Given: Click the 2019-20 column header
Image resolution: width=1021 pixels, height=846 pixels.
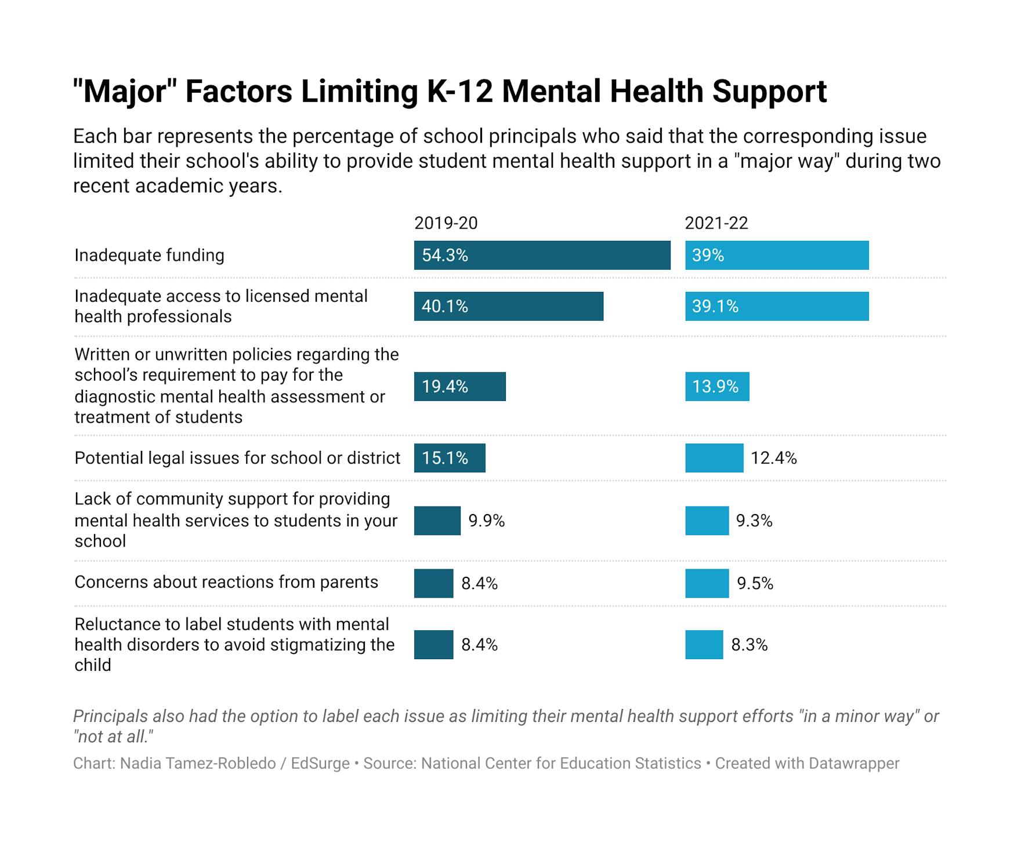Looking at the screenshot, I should coord(446,223).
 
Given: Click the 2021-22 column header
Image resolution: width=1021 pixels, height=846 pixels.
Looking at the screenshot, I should coord(716,223).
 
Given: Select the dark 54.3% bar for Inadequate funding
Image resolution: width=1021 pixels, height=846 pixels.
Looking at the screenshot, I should coord(542,255).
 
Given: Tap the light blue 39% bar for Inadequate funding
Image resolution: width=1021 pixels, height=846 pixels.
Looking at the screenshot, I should coord(777,255).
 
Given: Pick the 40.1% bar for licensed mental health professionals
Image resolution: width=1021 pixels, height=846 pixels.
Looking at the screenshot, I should coord(509,306).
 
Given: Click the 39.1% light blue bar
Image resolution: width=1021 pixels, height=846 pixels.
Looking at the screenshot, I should coord(777,306).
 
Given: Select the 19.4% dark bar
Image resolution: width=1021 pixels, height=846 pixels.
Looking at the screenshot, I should coord(459,386).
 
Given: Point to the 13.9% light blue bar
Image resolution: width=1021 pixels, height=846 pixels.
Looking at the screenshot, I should coord(717,386).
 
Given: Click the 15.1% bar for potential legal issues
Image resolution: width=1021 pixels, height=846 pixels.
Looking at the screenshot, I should coord(450,458).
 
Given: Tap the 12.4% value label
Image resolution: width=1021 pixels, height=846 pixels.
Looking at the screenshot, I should coord(774,458).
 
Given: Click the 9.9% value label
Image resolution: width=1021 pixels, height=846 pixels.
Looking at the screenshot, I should coord(487,521).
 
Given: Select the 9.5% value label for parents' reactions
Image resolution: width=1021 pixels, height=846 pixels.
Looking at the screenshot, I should coord(755,583).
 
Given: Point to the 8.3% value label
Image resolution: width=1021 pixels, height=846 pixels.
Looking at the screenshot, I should coord(749,645).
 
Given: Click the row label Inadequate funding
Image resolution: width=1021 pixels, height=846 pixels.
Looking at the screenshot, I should coord(149,255).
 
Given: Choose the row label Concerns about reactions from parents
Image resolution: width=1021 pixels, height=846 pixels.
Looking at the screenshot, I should coord(226,582).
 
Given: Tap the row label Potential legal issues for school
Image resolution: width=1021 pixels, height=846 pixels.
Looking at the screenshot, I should coord(237,458).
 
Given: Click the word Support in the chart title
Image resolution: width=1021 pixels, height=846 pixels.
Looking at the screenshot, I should coord(769,92).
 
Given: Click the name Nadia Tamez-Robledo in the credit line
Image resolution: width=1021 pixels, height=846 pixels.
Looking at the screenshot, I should coord(198,763).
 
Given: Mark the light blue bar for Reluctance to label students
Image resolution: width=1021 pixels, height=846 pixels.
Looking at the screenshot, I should coord(704,645).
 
